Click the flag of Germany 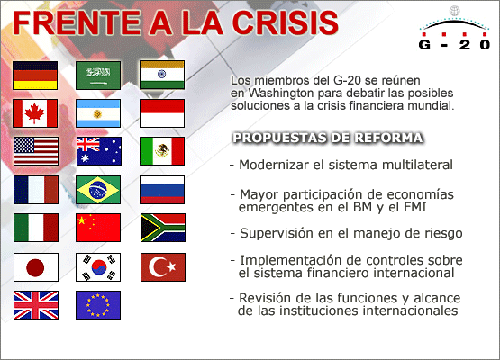pos(36,75)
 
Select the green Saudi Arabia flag pos(99,75)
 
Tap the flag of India pos(162,75)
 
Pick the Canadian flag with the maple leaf pos(36,113)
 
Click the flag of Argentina pos(99,113)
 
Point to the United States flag pos(36,151)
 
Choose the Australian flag pos(99,151)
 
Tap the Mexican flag pos(162,151)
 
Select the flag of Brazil pos(99,190)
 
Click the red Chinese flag pos(99,228)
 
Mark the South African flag pos(162,228)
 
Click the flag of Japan pos(36,267)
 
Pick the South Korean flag pos(99,267)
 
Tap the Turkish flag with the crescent pos(162,267)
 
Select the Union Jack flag pos(36,305)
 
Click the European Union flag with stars pos(99,305)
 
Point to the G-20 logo pos(455,34)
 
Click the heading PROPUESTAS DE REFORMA pos(328,138)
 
